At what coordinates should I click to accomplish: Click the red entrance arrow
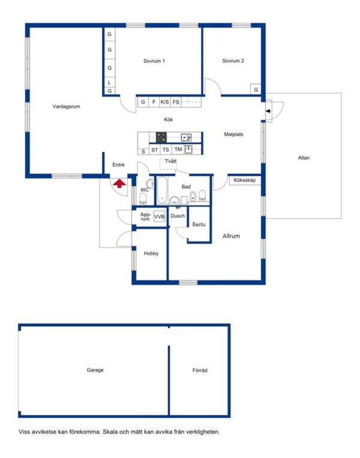[119, 183]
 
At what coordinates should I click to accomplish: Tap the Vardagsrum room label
[66, 107]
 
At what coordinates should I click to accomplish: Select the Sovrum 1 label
[154, 61]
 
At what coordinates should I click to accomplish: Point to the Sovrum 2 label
[233, 61]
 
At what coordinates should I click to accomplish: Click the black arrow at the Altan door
[268, 111]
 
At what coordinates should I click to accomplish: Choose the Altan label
[304, 158]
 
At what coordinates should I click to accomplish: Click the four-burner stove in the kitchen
[161, 137]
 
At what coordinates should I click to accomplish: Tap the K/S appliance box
[164, 102]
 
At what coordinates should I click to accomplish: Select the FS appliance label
[176, 103]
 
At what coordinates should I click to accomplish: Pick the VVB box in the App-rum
[160, 216]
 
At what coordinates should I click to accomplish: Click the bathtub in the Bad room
[163, 190]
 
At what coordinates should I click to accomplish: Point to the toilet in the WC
[143, 199]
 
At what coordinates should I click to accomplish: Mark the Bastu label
[199, 225]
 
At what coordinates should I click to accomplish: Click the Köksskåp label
[245, 180]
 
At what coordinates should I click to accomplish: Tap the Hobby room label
[151, 254]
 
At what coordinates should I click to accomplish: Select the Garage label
[95, 370]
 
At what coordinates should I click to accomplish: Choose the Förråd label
[200, 370]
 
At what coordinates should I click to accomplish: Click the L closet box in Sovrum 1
[109, 82]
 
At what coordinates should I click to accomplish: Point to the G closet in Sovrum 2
[256, 89]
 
